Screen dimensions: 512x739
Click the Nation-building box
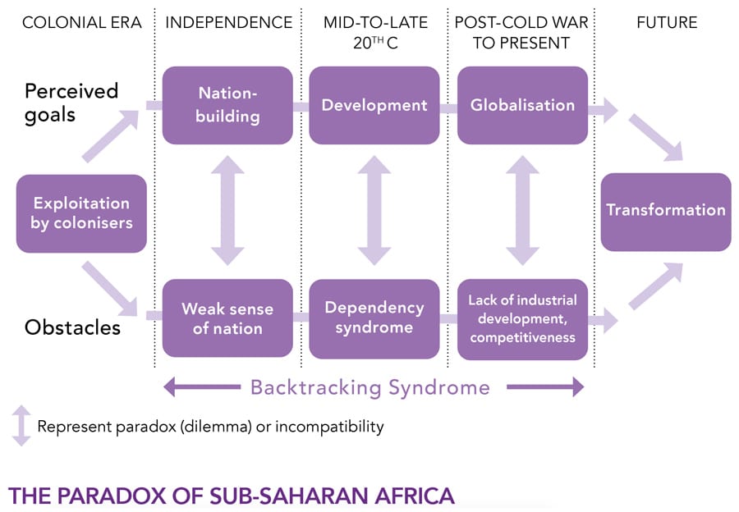227,105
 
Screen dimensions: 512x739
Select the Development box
374,105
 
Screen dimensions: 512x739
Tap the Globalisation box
522,105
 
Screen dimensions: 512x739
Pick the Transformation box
666,211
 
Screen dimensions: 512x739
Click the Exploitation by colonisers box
81,213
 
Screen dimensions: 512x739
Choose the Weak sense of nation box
227,318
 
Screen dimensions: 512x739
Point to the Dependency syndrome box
374,318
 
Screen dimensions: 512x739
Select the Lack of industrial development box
522,318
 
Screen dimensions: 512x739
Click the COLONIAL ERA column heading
82,23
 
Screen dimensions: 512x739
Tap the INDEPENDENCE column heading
228,23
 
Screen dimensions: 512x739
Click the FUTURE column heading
667,23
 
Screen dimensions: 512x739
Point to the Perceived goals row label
71,102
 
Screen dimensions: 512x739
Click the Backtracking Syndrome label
369,387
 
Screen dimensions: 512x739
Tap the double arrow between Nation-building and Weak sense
227,211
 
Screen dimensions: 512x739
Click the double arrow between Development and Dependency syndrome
374,211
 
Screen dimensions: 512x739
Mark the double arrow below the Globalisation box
522,211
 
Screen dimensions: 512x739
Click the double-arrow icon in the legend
21,426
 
